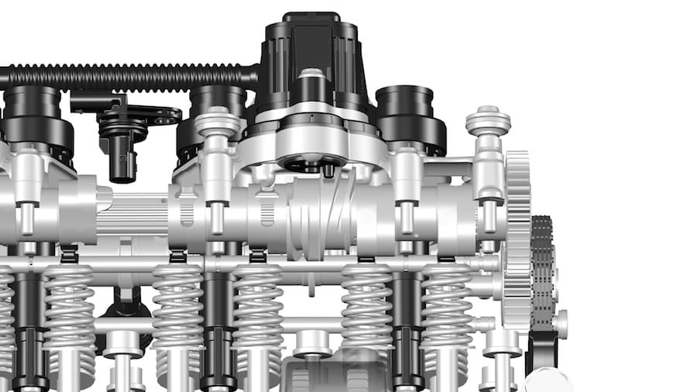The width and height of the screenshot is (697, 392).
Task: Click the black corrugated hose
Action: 116,77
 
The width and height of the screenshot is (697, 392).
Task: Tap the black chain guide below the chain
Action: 541,349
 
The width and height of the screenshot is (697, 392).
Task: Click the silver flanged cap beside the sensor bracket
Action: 218,123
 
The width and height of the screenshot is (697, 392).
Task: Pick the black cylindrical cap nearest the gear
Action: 410,116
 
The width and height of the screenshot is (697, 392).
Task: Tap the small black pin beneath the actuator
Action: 328,171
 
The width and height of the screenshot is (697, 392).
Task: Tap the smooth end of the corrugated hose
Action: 249,76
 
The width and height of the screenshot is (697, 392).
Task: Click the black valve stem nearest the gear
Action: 407,325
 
